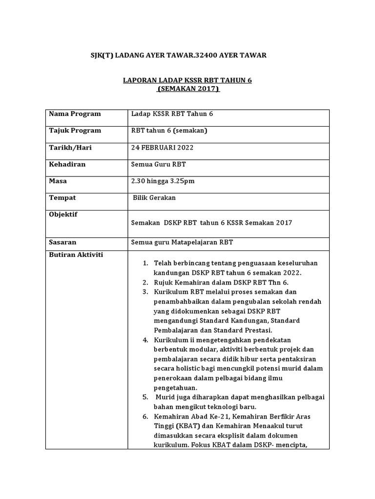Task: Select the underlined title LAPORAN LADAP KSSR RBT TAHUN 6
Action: coord(187,80)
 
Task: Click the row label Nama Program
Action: coord(75,114)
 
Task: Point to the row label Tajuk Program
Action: coord(75,131)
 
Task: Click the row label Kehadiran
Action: coord(67,164)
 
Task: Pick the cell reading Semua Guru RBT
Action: coord(159,164)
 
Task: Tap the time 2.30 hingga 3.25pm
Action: coord(164,181)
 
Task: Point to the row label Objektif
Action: coord(63,214)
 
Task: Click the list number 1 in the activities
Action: coord(145,263)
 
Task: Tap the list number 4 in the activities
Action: coord(145,339)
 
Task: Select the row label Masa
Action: coord(58,181)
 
